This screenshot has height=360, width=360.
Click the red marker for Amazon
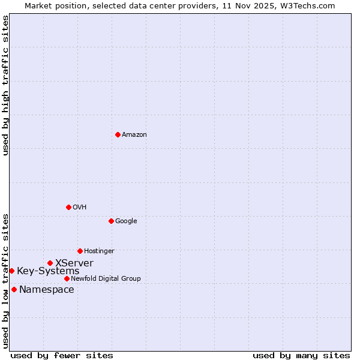point(118,134)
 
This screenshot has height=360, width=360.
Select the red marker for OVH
point(68,207)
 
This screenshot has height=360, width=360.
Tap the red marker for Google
point(111,221)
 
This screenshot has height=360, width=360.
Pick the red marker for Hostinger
point(80,251)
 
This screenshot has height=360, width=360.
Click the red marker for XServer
point(50,263)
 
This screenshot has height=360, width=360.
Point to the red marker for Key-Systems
point(11,271)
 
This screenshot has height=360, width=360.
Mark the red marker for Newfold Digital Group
point(67,278)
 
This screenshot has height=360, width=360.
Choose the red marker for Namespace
point(14,289)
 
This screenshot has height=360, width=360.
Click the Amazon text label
point(134,135)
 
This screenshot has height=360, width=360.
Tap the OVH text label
point(80,208)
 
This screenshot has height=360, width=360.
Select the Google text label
point(126,221)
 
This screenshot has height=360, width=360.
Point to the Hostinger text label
point(99,251)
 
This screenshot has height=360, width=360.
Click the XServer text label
point(74,263)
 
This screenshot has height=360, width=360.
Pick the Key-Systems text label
point(48,271)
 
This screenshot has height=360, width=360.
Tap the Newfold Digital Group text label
point(106,279)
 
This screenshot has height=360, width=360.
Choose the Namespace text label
point(47,290)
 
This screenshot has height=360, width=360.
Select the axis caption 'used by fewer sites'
point(62,355)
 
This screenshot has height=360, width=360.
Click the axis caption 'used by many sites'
point(301,355)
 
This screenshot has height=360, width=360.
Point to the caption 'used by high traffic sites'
point(5,85)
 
